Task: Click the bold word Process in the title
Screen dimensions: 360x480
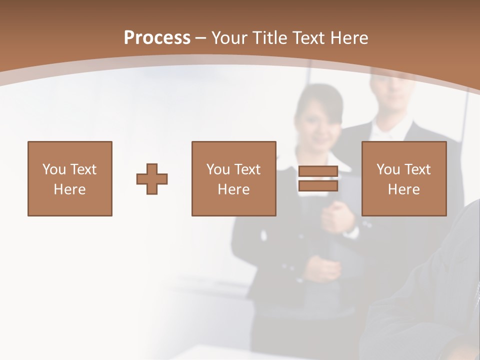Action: point(157,38)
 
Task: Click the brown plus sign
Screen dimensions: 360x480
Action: point(152,179)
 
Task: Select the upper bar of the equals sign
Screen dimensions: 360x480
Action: point(318,171)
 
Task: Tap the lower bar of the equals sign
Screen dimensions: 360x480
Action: point(318,185)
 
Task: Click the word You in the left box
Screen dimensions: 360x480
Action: point(54,169)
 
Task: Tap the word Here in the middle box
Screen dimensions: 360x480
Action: point(233,189)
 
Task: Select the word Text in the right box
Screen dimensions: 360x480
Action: point(417,169)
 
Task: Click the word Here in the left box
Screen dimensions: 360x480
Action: point(69,189)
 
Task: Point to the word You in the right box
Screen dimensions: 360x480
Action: point(388,169)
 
